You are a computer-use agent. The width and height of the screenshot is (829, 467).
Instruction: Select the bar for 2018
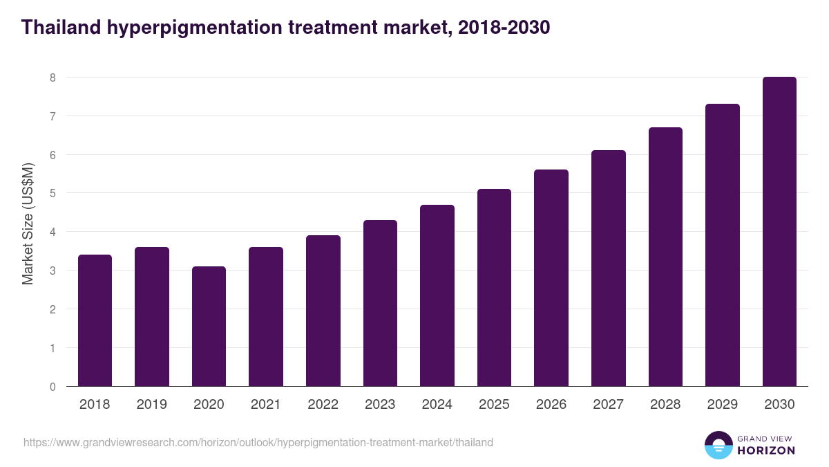95,320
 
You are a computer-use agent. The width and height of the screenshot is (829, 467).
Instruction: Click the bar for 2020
209,326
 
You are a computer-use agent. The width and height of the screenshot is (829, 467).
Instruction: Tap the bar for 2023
380,303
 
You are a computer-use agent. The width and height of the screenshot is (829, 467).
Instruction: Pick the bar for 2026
551,277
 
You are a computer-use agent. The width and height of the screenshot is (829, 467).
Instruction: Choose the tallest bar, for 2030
779,231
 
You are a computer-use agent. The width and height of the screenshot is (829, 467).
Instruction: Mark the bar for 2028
665,257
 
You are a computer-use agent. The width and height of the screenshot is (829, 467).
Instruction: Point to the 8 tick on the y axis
52,77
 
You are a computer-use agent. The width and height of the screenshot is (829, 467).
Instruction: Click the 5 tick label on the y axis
52,194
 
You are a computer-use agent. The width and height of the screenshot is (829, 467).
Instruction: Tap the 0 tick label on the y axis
52,387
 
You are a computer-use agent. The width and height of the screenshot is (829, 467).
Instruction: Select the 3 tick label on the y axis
52,271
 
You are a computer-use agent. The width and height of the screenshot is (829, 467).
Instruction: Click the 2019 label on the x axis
151,405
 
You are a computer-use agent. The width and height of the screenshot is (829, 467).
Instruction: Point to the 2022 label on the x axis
323,405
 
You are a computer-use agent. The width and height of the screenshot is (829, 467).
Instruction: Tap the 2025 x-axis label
494,405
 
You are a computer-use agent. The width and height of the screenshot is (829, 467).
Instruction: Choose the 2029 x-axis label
722,405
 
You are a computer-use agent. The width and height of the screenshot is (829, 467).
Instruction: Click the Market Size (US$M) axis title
28,223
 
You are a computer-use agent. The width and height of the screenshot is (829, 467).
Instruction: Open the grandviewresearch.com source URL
258,442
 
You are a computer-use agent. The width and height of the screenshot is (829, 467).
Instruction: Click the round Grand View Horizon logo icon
718,445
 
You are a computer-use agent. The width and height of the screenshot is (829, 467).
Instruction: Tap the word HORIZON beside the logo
765,450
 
